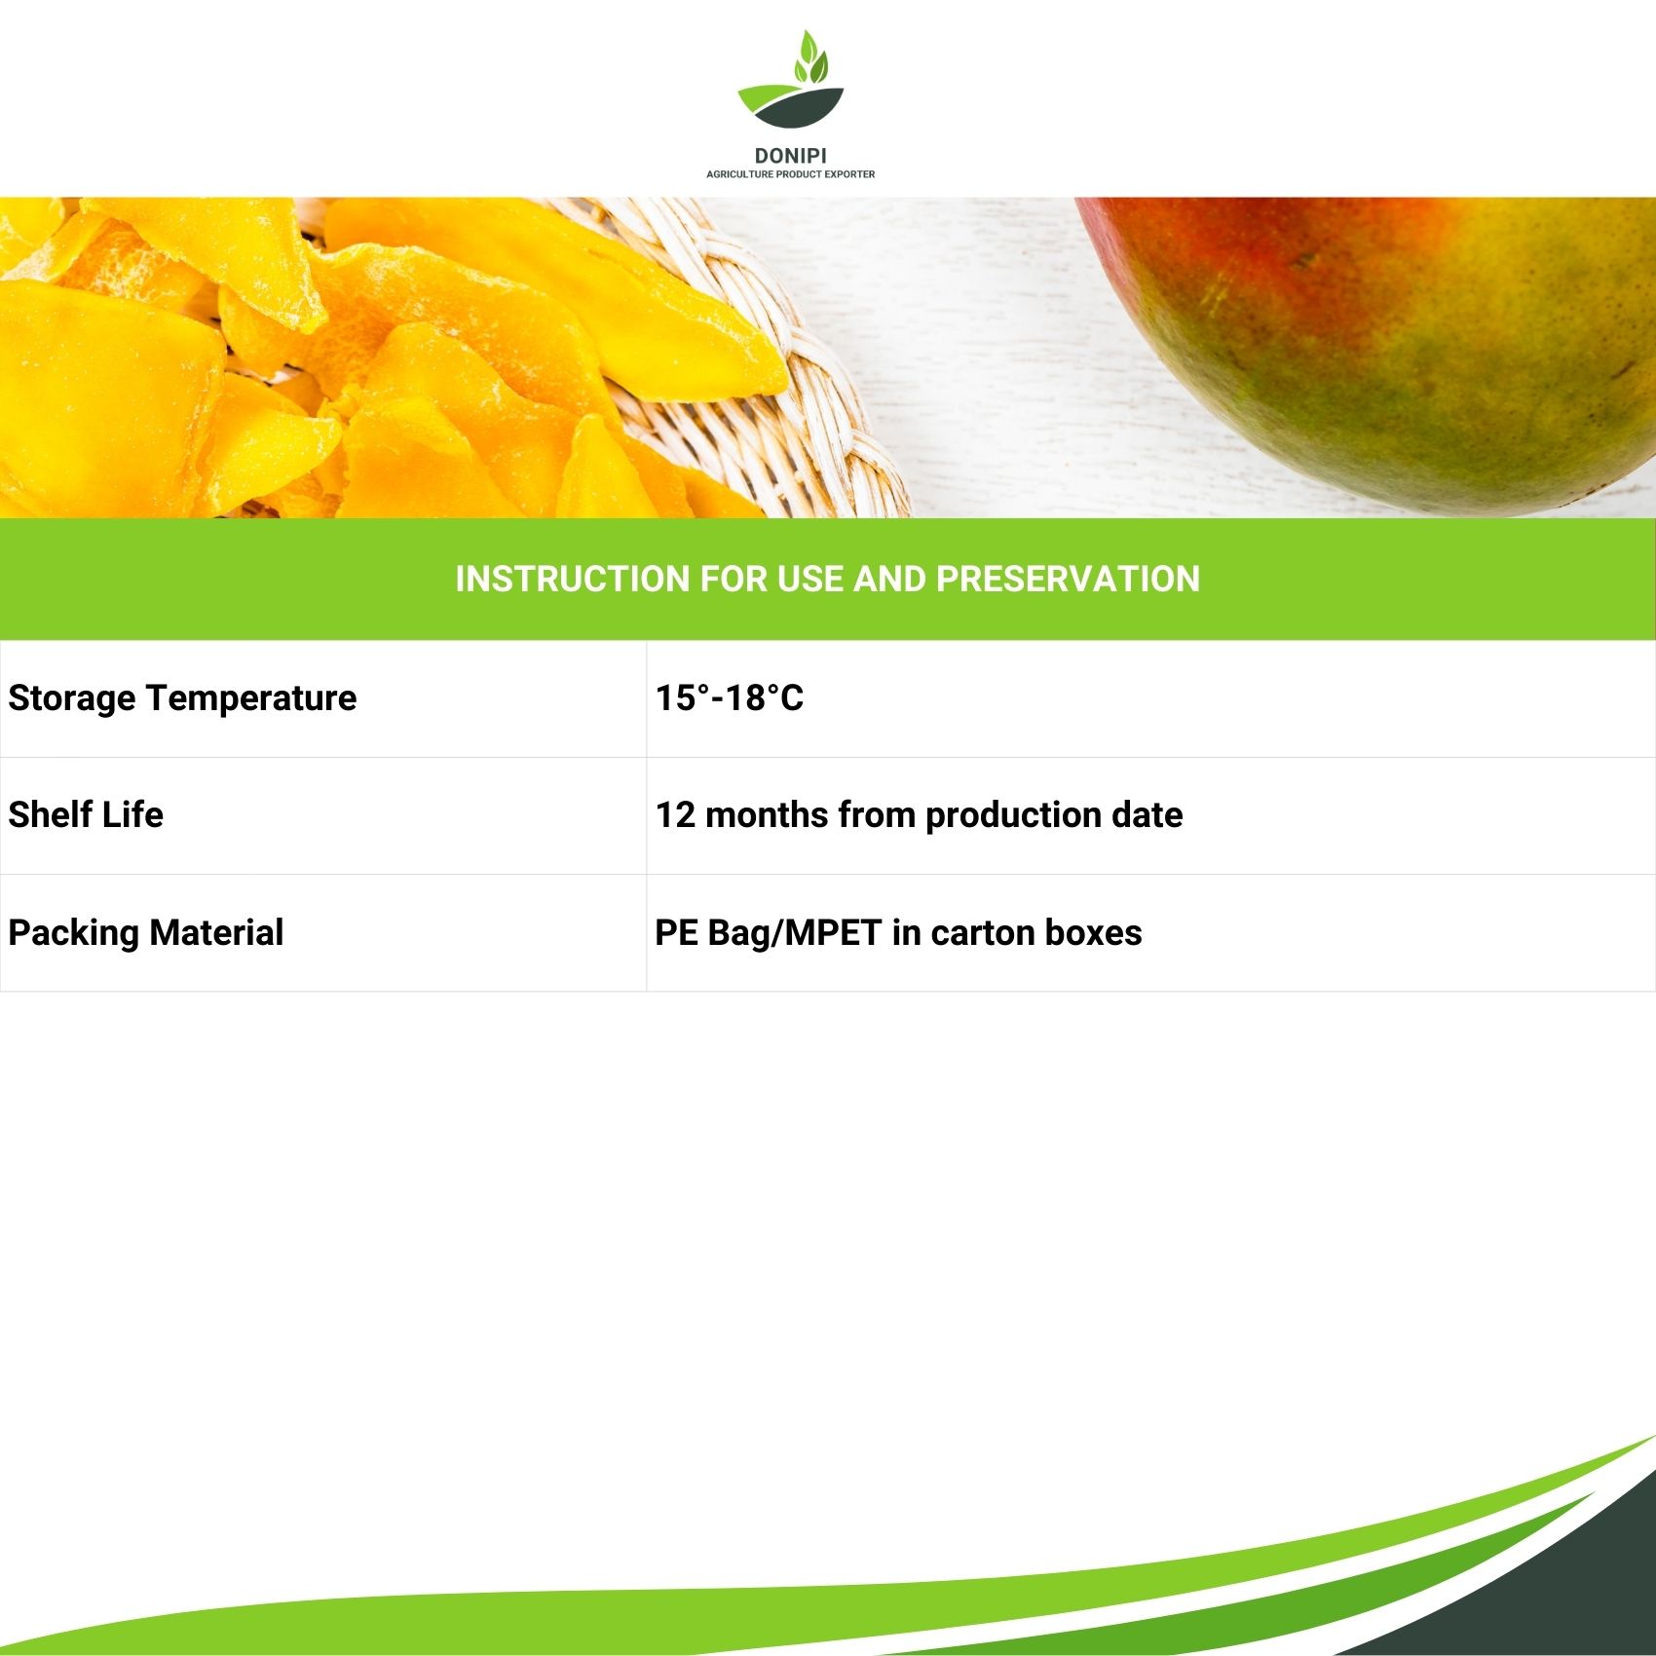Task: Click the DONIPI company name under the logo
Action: click(x=790, y=156)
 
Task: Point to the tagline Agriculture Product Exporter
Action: click(x=790, y=174)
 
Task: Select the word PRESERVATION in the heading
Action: click(x=1068, y=579)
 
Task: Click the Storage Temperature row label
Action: click(x=182, y=698)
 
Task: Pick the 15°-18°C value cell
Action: click(x=730, y=697)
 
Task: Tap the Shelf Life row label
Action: click(x=86, y=814)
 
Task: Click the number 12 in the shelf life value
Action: click(x=675, y=815)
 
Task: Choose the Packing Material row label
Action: click(x=146, y=932)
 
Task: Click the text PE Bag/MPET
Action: click(x=769, y=933)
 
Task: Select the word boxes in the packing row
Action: click(x=1093, y=932)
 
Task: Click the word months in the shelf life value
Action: click(x=767, y=815)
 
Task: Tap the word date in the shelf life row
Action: click(x=1147, y=815)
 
